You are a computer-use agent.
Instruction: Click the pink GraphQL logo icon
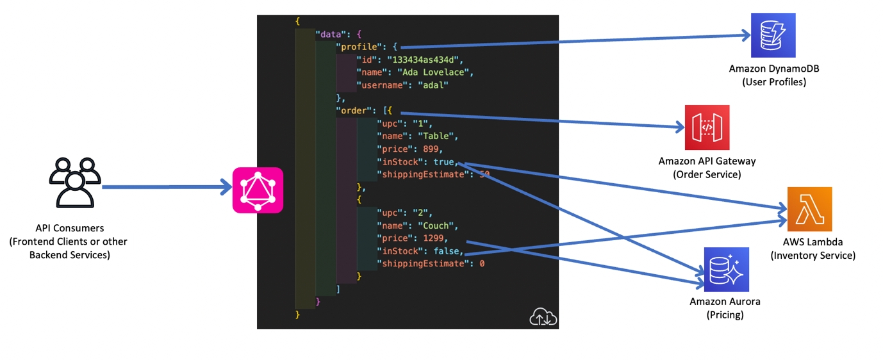pos(257,190)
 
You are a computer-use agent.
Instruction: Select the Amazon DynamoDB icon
pos(773,35)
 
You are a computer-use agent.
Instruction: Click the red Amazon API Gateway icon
pos(707,127)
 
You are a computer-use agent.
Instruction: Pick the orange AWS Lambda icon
pos(810,209)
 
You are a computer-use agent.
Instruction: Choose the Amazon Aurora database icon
pos(726,270)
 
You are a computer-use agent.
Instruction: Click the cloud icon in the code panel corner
pos(543,316)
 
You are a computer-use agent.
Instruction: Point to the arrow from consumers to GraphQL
pos(167,188)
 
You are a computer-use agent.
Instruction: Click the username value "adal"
pos(433,85)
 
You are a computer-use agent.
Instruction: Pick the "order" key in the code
pos(356,110)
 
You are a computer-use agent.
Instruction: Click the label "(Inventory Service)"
pos(813,256)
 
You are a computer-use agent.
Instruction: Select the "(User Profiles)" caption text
pos(773,82)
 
